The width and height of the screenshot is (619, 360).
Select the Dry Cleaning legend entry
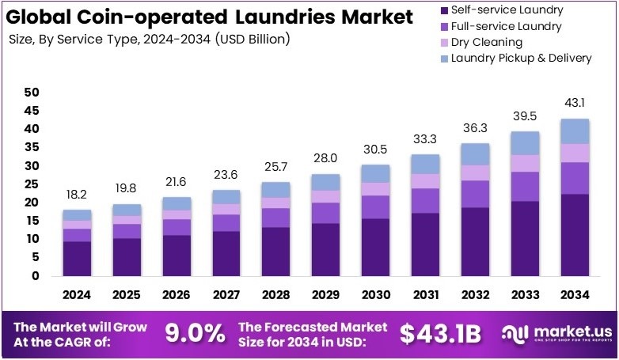click(x=486, y=42)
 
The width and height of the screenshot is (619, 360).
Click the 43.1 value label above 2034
click(x=575, y=103)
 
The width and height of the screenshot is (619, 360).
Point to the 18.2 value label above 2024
click(x=77, y=194)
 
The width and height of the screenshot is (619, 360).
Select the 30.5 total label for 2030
click(x=375, y=149)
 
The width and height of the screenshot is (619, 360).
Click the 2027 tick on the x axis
click(x=226, y=294)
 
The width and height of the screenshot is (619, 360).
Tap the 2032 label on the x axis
click(x=475, y=294)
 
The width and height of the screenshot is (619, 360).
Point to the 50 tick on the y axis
click(x=32, y=93)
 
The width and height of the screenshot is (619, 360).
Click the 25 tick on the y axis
click(x=32, y=184)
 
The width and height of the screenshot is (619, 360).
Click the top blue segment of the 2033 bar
click(x=525, y=142)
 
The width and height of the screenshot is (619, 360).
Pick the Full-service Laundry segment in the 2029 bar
click(x=325, y=213)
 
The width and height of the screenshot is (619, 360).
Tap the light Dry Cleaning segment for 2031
click(x=425, y=181)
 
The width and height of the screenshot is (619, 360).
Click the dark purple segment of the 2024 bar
click(x=77, y=259)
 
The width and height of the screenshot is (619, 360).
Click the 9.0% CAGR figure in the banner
click(x=195, y=333)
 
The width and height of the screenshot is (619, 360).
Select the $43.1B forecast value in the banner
click(x=439, y=334)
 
